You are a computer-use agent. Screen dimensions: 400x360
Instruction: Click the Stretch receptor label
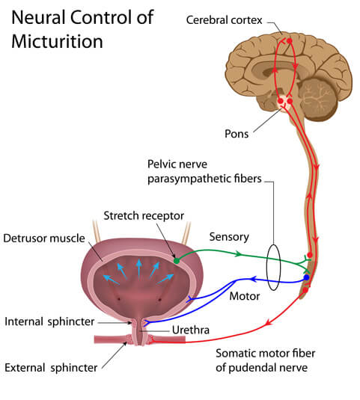pyautogui.click(x=144, y=216)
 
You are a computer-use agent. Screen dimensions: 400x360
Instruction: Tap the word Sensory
pyautogui.click(x=229, y=237)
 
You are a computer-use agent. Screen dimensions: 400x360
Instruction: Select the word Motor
pyautogui.click(x=245, y=296)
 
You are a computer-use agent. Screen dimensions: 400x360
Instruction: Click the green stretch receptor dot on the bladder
pyautogui.click(x=177, y=261)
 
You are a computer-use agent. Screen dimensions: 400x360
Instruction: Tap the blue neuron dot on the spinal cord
pyautogui.click(x=305, y=278)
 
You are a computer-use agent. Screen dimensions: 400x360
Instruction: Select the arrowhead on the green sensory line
pyautogui.click(x=239, y=254)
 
